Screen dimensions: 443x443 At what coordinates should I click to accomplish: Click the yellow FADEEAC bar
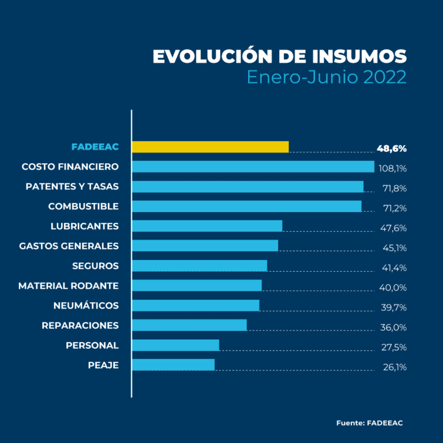click(x=210, y=147)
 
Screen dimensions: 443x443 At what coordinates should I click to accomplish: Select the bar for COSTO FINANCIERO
click(x=253, y=167)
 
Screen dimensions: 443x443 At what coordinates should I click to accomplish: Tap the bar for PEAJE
click(x=173, y=365)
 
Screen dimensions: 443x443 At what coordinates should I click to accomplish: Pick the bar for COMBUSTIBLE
click(x=246, y=207)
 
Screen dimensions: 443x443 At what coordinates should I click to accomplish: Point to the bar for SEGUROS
click(x=200, y=265)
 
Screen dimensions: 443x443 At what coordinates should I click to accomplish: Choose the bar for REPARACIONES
click(x=189, y=325)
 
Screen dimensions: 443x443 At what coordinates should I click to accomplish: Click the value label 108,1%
click(x=393, y=168)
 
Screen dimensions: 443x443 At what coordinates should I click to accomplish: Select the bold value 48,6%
click(x=392, y=148)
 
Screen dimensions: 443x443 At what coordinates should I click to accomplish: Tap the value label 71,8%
click(x=395, y=188)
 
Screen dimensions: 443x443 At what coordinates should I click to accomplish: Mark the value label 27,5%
click(x=394, y=347)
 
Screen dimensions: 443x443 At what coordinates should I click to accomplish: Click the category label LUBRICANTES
click(x=84, y=226)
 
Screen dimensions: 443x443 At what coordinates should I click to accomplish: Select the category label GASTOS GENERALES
click(x=69, y=246)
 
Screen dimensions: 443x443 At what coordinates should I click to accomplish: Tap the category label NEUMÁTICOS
click(x=86, y=305)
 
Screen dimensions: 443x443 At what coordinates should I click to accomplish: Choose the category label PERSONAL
click(x=92, y=345)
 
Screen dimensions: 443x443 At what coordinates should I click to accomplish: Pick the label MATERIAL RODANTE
click(x=68, y=286)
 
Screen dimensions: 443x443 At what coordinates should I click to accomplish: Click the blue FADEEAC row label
click(x=95, y=147)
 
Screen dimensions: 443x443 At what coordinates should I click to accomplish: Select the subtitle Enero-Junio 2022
click(x=326, y=77)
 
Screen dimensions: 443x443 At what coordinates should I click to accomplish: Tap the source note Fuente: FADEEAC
click(x=369, y=423)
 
